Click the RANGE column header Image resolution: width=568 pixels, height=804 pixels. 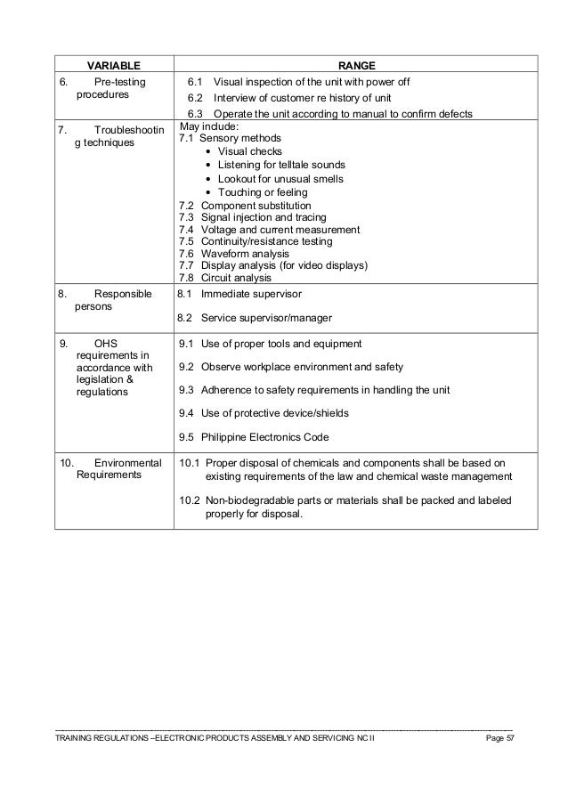click(356, 65)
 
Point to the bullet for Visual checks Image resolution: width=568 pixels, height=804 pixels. click(208, 152)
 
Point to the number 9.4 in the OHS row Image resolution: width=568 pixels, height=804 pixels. click(187, 413)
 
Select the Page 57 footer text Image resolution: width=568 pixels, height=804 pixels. click(498, 740)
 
